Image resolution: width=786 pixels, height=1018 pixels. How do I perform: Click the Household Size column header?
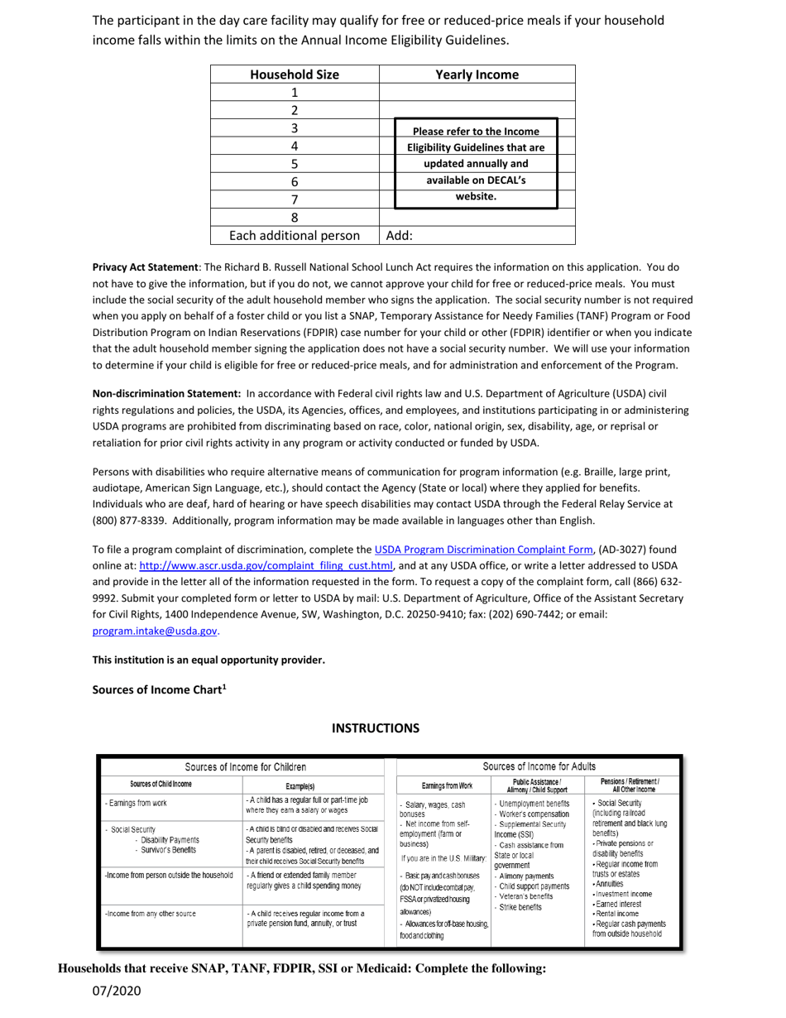(x=295, y=74)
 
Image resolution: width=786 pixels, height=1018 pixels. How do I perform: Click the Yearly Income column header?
(x=477, y=74)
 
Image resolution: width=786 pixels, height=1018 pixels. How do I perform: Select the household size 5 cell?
(x=295, y=164)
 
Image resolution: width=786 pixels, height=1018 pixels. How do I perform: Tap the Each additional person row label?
(x=295, y=236)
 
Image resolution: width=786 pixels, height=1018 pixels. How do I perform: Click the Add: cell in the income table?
(x=400, y=236)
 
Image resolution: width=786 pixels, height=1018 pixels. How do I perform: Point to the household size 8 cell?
(x=295, y=218)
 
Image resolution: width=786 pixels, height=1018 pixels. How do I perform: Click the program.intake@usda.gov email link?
(x=155, y=631)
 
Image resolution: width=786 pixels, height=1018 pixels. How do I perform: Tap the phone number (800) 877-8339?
(x=128, y=521)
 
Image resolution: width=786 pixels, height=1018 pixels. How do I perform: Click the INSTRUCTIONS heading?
(x=376, y=728)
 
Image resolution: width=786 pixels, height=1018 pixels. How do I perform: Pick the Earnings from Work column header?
(x=442, y=785)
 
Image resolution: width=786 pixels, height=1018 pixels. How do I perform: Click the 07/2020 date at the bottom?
(x=117, y=991)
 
